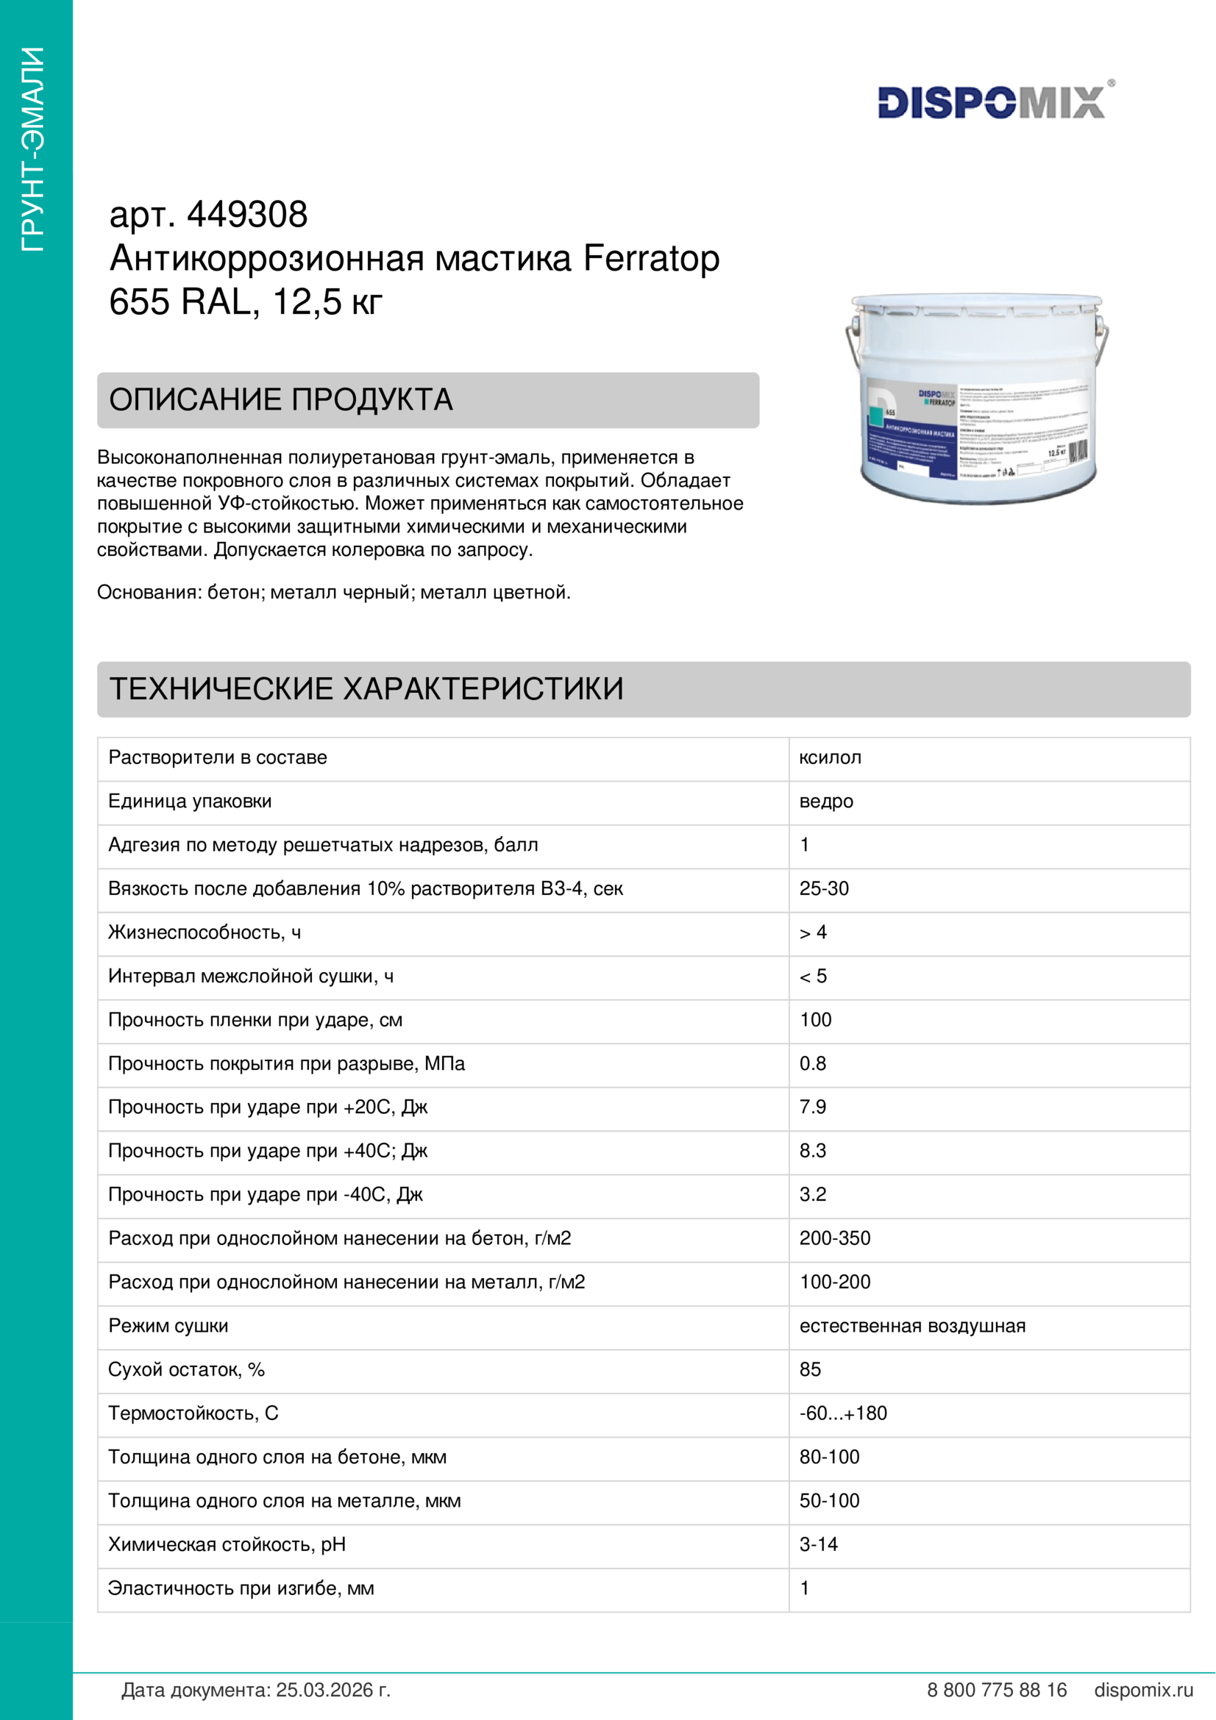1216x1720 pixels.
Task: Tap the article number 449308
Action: point(246,215)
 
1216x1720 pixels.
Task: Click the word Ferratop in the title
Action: point(651,258)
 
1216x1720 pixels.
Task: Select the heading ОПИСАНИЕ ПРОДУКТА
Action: point(281,400)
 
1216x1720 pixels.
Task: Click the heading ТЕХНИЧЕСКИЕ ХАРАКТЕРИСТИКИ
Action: point(366,689)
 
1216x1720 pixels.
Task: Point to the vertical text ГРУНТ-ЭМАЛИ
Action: point(34,150)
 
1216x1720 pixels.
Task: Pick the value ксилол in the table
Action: point(830,757)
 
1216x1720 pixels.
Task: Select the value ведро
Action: point(825,802)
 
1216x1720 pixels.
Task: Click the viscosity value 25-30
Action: point(824,888)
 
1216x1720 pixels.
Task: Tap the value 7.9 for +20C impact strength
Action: point(813,1107)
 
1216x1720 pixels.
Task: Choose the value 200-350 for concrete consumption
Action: point(835,1238)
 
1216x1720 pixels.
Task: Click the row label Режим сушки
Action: point(168,1326)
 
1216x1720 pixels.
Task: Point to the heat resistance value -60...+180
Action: point(843,1413)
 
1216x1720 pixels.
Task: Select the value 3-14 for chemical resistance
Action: point(818,1545)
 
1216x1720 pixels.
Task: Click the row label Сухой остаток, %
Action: point(187,1369)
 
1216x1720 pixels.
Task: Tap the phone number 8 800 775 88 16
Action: point(997,1691)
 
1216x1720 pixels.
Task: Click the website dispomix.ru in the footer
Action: point(1143,1691)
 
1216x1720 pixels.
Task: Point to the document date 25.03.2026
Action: point(333,1691)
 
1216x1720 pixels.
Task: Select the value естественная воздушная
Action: point(911,1326)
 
